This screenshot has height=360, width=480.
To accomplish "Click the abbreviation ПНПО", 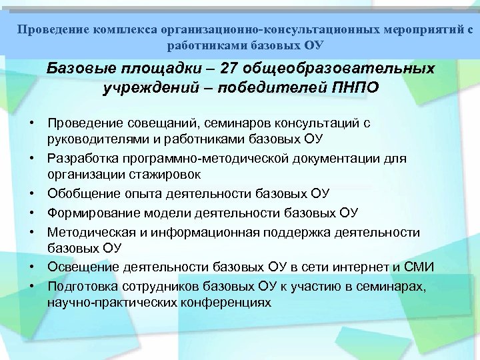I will tap(357, 88).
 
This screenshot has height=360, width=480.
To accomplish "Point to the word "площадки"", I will tap(167, 69).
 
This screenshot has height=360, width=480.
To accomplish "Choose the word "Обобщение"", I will tap(80, 194).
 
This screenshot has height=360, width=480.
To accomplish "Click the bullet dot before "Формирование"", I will tap(31, 213).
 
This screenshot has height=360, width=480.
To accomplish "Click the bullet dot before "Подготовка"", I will tap(31, 285).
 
